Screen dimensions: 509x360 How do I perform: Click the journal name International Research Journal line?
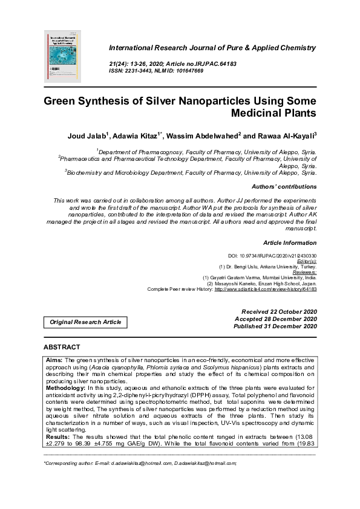(212, 48)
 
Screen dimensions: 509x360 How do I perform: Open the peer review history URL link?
(266, 289)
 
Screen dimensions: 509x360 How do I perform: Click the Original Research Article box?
(85, 322)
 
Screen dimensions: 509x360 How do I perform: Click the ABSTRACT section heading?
(62, 348)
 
